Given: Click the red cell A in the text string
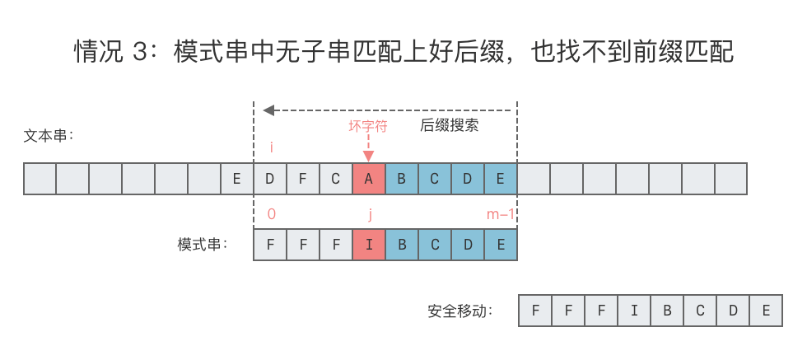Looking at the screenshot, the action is point(369,178).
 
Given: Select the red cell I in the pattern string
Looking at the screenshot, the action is point(369,245).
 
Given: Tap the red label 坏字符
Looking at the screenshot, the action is point(368,126).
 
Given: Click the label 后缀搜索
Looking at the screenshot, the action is point(450,126).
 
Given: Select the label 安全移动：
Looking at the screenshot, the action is point(460,311).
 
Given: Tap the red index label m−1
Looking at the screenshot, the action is point(501,214).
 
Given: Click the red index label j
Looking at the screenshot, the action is point(371,214).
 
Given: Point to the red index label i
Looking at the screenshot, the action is point(271,147).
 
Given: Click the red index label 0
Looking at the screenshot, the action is point(271,214).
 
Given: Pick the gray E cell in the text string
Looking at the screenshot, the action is point(237,178).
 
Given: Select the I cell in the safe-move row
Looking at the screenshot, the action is point(634,311).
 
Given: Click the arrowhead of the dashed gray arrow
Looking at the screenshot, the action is point(268,109).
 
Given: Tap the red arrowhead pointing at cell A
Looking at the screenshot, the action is point(368,156).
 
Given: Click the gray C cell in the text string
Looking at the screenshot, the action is point(336,178).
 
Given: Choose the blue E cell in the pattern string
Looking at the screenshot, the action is point(501,245).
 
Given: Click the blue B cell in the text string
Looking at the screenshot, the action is point(402,178).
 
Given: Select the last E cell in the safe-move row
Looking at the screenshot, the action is point(766,311).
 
